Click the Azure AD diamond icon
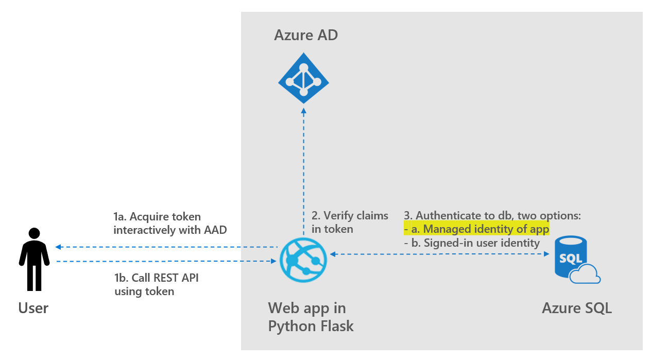point(303,80)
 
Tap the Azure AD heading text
point(306,36)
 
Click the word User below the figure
point(33,308)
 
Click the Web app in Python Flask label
point(311,317)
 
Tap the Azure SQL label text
point(577,308)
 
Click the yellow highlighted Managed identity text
point(476,229)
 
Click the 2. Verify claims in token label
point(350,222)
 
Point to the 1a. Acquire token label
point(170,222)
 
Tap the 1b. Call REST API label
point(156,284)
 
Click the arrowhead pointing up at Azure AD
point(304,110)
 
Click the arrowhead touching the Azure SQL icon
point(546,253)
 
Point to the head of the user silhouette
point(35,233)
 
